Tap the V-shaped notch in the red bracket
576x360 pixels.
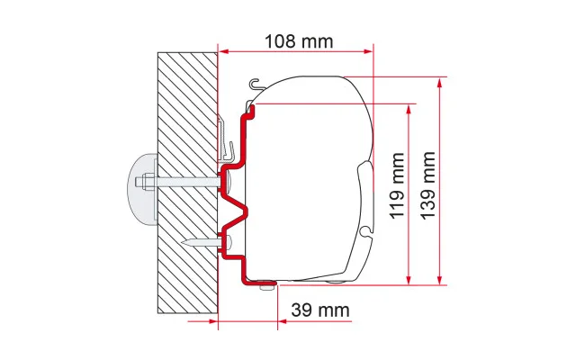(x=235, y=213)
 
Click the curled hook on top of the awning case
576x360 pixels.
(x=256, y=84)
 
